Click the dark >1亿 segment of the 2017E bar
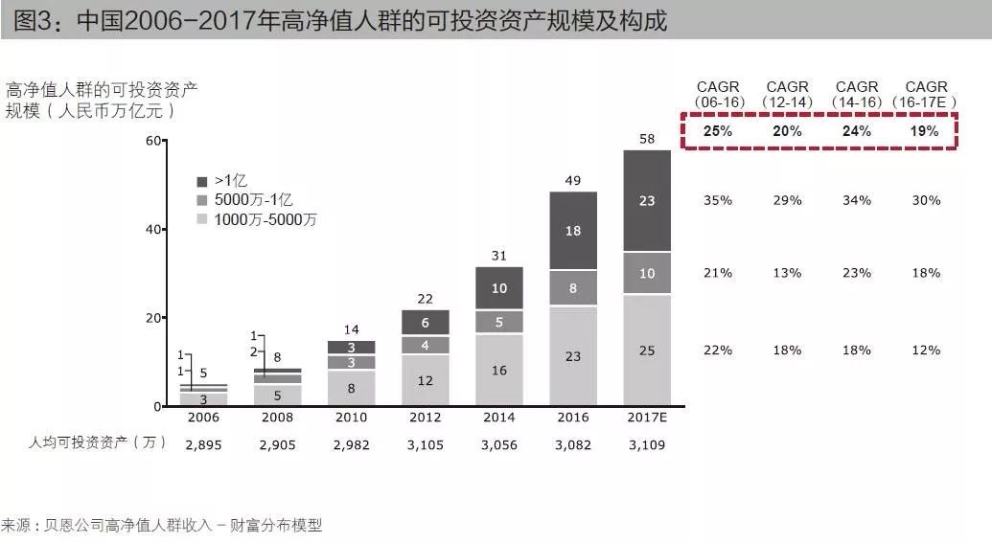[647, 201]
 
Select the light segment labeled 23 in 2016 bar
[573, 355]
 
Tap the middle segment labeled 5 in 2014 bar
[498, 323]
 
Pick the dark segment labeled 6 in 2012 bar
[425, 323]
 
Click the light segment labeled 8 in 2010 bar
[351, 388]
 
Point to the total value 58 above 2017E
[647, 140]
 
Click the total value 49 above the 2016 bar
[573, 181]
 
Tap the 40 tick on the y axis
[153, 230]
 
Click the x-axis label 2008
[277, 419]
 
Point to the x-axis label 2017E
[647, 419]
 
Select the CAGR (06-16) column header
[718, 94]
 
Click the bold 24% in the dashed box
[856, 131]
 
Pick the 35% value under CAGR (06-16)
[718, 201]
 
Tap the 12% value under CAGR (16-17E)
[926, 351]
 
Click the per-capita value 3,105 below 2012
[425, 444]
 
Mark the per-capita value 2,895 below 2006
[203, 444]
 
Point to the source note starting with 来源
[163, 525]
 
